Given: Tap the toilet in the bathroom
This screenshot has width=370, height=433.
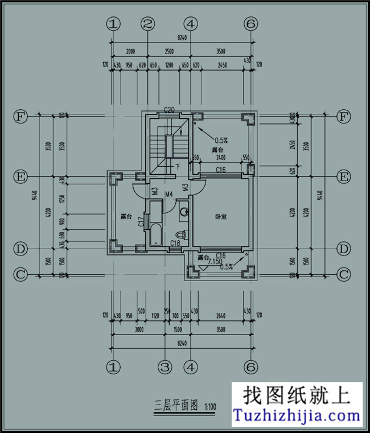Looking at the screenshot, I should tap(181, 234).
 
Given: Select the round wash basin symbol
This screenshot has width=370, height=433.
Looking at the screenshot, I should tap(183, 212).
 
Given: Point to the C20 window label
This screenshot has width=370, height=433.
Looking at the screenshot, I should tap(169, 109).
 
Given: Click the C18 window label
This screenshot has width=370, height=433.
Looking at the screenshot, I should tap(175, 244).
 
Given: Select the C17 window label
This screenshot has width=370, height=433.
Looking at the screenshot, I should tap(141, 222).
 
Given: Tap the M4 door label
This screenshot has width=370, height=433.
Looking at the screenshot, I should tap(169, 195).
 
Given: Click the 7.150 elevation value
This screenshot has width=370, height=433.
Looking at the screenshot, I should tap(215, 262).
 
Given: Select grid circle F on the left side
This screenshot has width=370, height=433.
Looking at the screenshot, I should tap(20, 117).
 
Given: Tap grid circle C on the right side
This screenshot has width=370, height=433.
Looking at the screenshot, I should tap(343, 274).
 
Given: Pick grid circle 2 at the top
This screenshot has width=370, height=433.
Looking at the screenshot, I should tap(148, 24).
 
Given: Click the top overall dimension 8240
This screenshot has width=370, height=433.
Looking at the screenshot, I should tap(182, 38).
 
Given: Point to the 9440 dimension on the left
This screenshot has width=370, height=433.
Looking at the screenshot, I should tap(34, 195).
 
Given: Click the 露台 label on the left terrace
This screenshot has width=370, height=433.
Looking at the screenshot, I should tap(126, 217).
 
